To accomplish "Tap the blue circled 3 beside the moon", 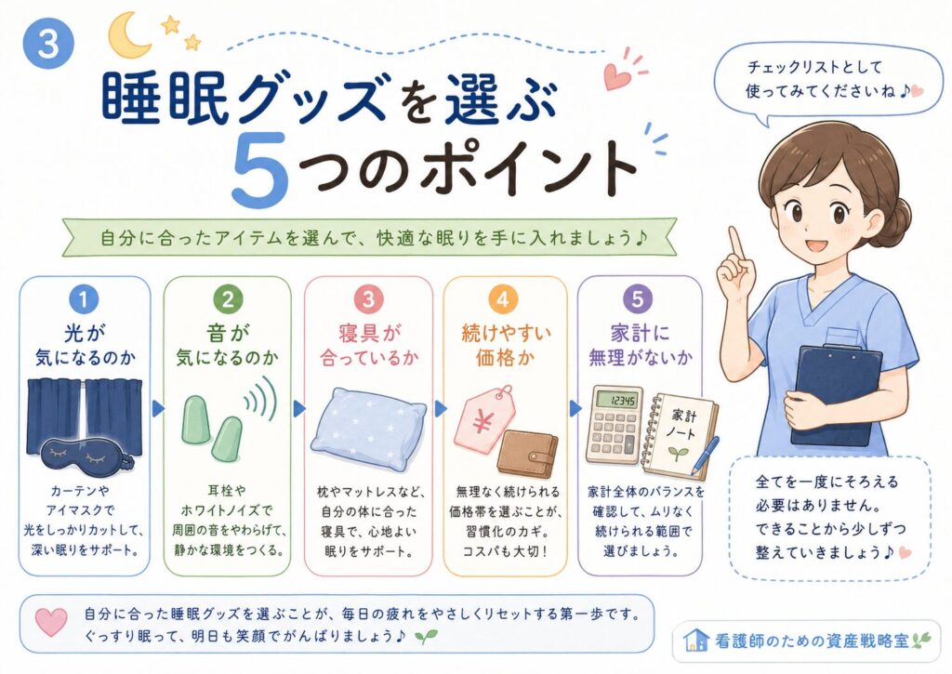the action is coord(48,44).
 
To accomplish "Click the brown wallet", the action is coord(528,453).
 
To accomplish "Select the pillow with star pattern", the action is coord(368,427).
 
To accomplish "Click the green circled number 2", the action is coord(228,299).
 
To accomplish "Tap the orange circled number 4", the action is coord(503,300).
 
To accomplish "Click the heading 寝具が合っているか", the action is coord(368,345).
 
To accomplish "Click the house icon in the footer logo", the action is coord(695,640).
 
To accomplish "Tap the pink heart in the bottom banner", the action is coord(51,622).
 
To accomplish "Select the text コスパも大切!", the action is coord(505,551).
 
